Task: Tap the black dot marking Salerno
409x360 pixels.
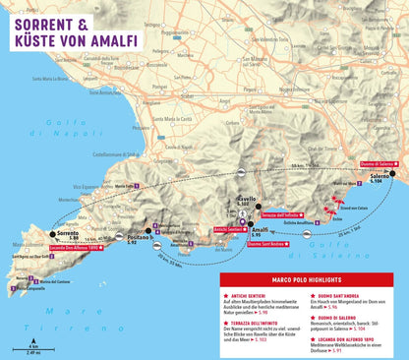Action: tap(391, 173)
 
